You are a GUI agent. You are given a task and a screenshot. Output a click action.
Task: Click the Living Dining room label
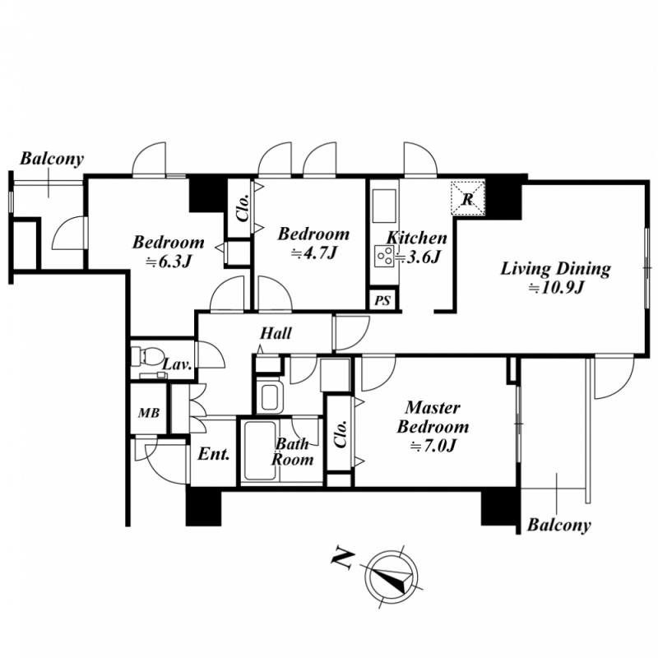(x=557, y=269)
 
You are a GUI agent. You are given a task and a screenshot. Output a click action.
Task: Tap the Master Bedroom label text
(x=433, y=418)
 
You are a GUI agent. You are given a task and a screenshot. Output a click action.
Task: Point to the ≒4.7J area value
(x=313, y=253)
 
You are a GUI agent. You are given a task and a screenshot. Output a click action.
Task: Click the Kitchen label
(x=417, y=239)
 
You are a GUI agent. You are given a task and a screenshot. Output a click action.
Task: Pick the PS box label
(x=382, y=301)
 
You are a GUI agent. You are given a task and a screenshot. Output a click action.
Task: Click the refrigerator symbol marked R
(x=467, y=198)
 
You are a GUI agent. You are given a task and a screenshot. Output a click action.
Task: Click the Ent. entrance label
(x=214, y=454)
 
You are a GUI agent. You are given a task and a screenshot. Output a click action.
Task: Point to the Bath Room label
(x=293, y=452)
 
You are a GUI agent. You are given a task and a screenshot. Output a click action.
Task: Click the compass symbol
(x=392, y=574)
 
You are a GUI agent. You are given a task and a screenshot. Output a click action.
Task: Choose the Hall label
(x=276, y=334)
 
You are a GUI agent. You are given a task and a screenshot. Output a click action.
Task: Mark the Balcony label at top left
(x=52, y=159)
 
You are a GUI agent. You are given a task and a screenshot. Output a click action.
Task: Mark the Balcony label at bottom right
(x=559, y=525)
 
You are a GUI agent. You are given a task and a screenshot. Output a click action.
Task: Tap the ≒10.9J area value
(x=556, y=288)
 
